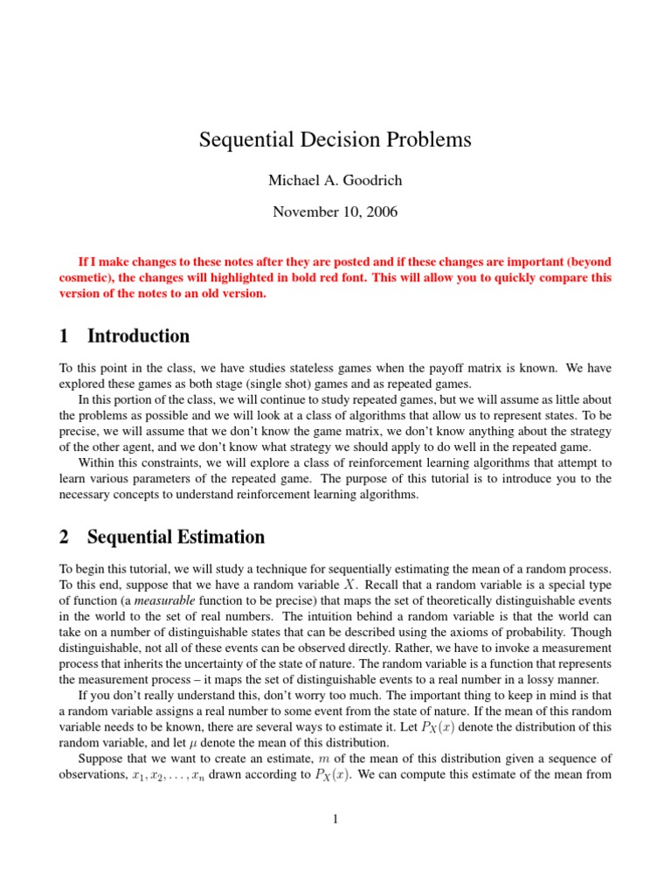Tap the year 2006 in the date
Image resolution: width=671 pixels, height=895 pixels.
(381, 211)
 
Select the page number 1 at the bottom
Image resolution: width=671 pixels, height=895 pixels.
(335, 818)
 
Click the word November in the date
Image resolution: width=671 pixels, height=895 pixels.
(305, 211)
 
